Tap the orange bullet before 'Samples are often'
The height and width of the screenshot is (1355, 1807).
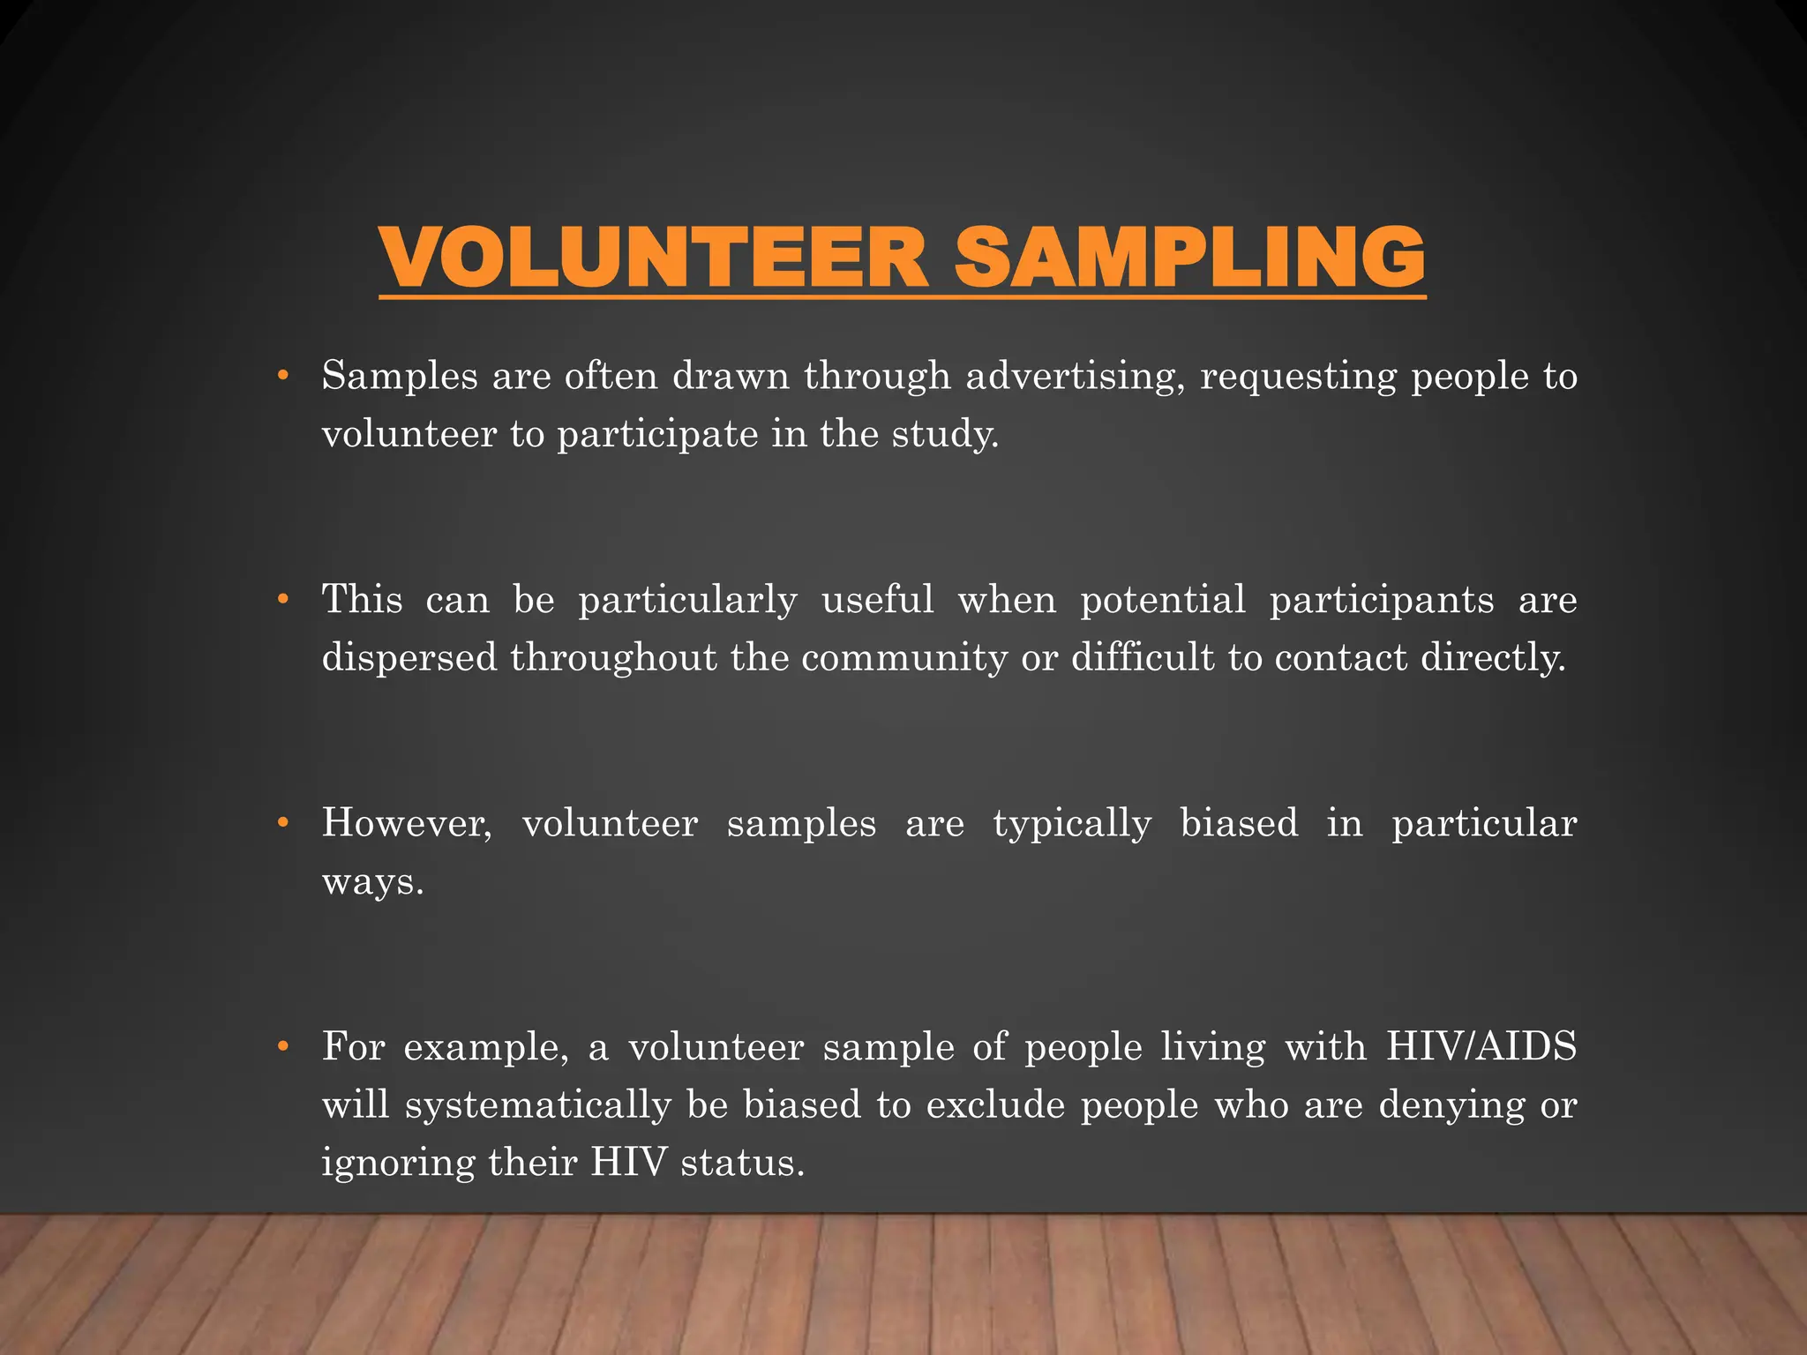[282, 376]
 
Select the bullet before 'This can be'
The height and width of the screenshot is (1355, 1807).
[282, 600]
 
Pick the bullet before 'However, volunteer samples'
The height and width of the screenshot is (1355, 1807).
[282, 823]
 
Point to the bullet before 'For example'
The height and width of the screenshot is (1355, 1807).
[282, 1047]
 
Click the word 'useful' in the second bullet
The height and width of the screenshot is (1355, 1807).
[877, 600]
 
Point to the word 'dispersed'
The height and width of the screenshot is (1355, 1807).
[409, 658]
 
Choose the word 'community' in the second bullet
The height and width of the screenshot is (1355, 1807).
[904, 658]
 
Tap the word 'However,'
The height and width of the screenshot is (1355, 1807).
[407, 824]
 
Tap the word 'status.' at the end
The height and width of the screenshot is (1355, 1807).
[743, 1163]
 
